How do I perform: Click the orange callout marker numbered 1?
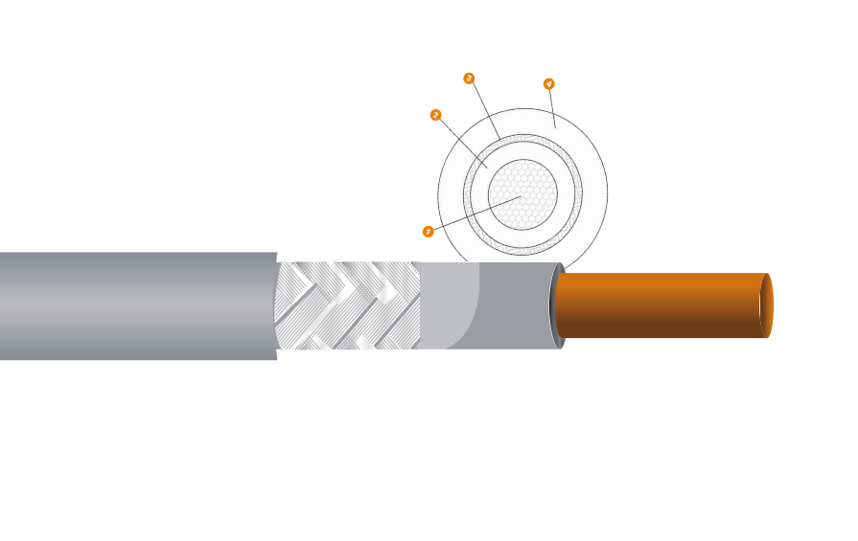(428, 232)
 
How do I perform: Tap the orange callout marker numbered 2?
(436, 115)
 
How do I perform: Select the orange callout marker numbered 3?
(469, 78)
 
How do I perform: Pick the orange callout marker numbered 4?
(549, 84)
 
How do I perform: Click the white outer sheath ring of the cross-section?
(594, 192)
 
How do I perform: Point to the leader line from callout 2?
(461, 141)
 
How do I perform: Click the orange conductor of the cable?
(661, 305)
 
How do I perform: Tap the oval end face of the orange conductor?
(766, 305)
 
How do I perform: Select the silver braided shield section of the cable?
(347, 305)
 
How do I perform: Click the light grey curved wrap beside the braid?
(447, 305)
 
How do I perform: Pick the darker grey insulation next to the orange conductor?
(518, 305)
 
